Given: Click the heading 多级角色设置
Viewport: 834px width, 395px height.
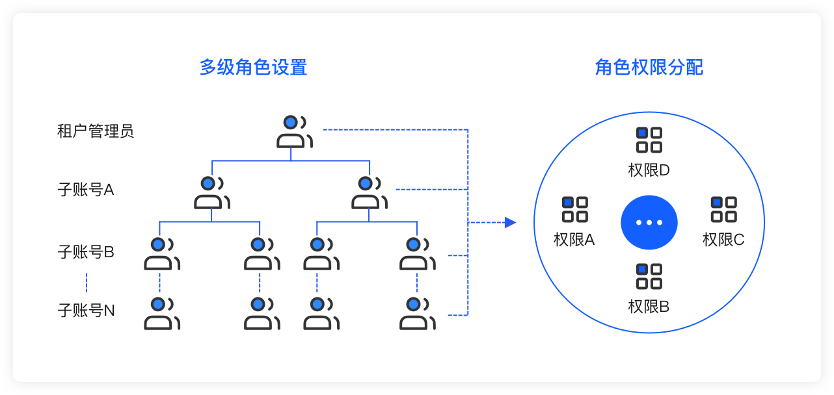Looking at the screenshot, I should click(253, 68).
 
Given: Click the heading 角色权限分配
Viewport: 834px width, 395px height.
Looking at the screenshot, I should click(649, 68).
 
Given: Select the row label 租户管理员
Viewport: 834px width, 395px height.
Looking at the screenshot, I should click(96, 131).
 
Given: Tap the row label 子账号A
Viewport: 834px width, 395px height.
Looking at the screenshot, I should click(86, 190).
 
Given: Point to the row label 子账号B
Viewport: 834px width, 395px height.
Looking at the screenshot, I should click(86, 252).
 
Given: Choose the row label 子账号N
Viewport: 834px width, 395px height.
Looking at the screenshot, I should click(86, 311).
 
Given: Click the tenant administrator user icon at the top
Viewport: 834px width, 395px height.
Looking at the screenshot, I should click(295, 131).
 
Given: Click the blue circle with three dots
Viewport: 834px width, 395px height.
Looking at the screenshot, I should click(649, 222).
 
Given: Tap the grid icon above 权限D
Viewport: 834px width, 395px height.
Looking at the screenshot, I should click(649, 140).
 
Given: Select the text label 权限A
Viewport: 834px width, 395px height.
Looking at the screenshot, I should click(574, 240).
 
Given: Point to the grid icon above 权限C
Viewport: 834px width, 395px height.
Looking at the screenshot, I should click(723, 209).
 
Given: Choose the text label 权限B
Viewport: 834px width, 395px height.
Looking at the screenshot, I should click(649, 307).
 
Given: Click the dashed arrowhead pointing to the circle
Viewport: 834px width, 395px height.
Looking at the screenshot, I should click(510, 223).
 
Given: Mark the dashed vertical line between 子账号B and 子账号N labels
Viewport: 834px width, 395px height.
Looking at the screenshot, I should click(87, 282).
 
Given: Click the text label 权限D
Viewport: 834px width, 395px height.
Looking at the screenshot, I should click(649, 170).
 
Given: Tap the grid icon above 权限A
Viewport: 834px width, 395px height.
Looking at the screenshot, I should click(574, 209).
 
